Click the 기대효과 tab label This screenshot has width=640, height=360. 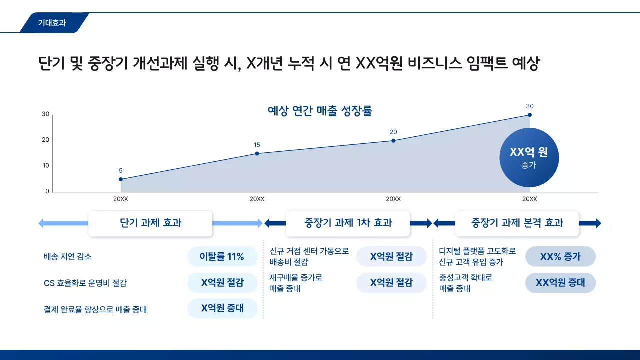pos(52,23)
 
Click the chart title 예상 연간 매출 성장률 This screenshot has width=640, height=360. pos(320,111)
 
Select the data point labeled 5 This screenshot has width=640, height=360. pos(121,179)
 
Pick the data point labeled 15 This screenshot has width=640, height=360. pos(257,153)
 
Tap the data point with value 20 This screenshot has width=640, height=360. pos(393,141)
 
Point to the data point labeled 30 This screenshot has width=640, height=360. pos(530,115)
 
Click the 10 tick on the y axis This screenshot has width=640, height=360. pos(46,166)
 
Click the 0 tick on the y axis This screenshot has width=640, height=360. pos(47,191)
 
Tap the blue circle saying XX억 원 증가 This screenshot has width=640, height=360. pos(529,157)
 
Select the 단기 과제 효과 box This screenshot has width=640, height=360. pos(150,223)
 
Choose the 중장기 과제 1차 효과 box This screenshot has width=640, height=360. pos(348,223)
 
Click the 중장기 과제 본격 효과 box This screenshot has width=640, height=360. pos(517,223)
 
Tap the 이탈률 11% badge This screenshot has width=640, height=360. pos(222,257)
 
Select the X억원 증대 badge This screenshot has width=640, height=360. pos(222,308)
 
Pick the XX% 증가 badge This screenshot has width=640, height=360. pos(560,257)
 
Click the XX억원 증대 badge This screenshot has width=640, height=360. pos(560,283)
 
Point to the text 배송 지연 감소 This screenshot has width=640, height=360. pos(68,257)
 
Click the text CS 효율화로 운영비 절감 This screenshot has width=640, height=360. pos(85,283)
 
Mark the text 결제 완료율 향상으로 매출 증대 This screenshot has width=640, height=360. pos(95,309)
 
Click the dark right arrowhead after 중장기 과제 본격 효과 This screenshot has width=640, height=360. pos(597,223)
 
